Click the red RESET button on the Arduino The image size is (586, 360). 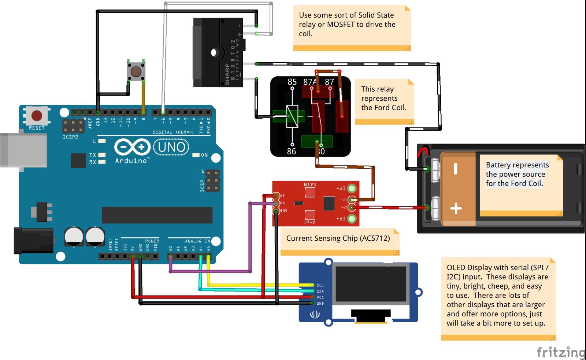(37, 115)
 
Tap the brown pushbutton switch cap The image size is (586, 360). (136, 71)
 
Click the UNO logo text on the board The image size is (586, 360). (171, 147)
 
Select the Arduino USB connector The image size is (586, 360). (23, 151)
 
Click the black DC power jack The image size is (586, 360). (33, 240)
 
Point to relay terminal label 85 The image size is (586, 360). (292, 82)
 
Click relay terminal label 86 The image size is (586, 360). (292, 151)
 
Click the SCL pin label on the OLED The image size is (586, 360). (320, 285)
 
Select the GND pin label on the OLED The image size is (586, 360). (320, 304)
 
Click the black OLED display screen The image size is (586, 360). (370, 284)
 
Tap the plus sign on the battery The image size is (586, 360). (456, 209)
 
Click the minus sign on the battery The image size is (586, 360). (456, 169)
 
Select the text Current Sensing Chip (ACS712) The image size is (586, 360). (338, 238)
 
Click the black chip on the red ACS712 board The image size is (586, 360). (329, 204)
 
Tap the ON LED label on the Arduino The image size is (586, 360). (204, 155)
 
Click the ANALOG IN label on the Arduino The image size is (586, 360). (197, 241)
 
